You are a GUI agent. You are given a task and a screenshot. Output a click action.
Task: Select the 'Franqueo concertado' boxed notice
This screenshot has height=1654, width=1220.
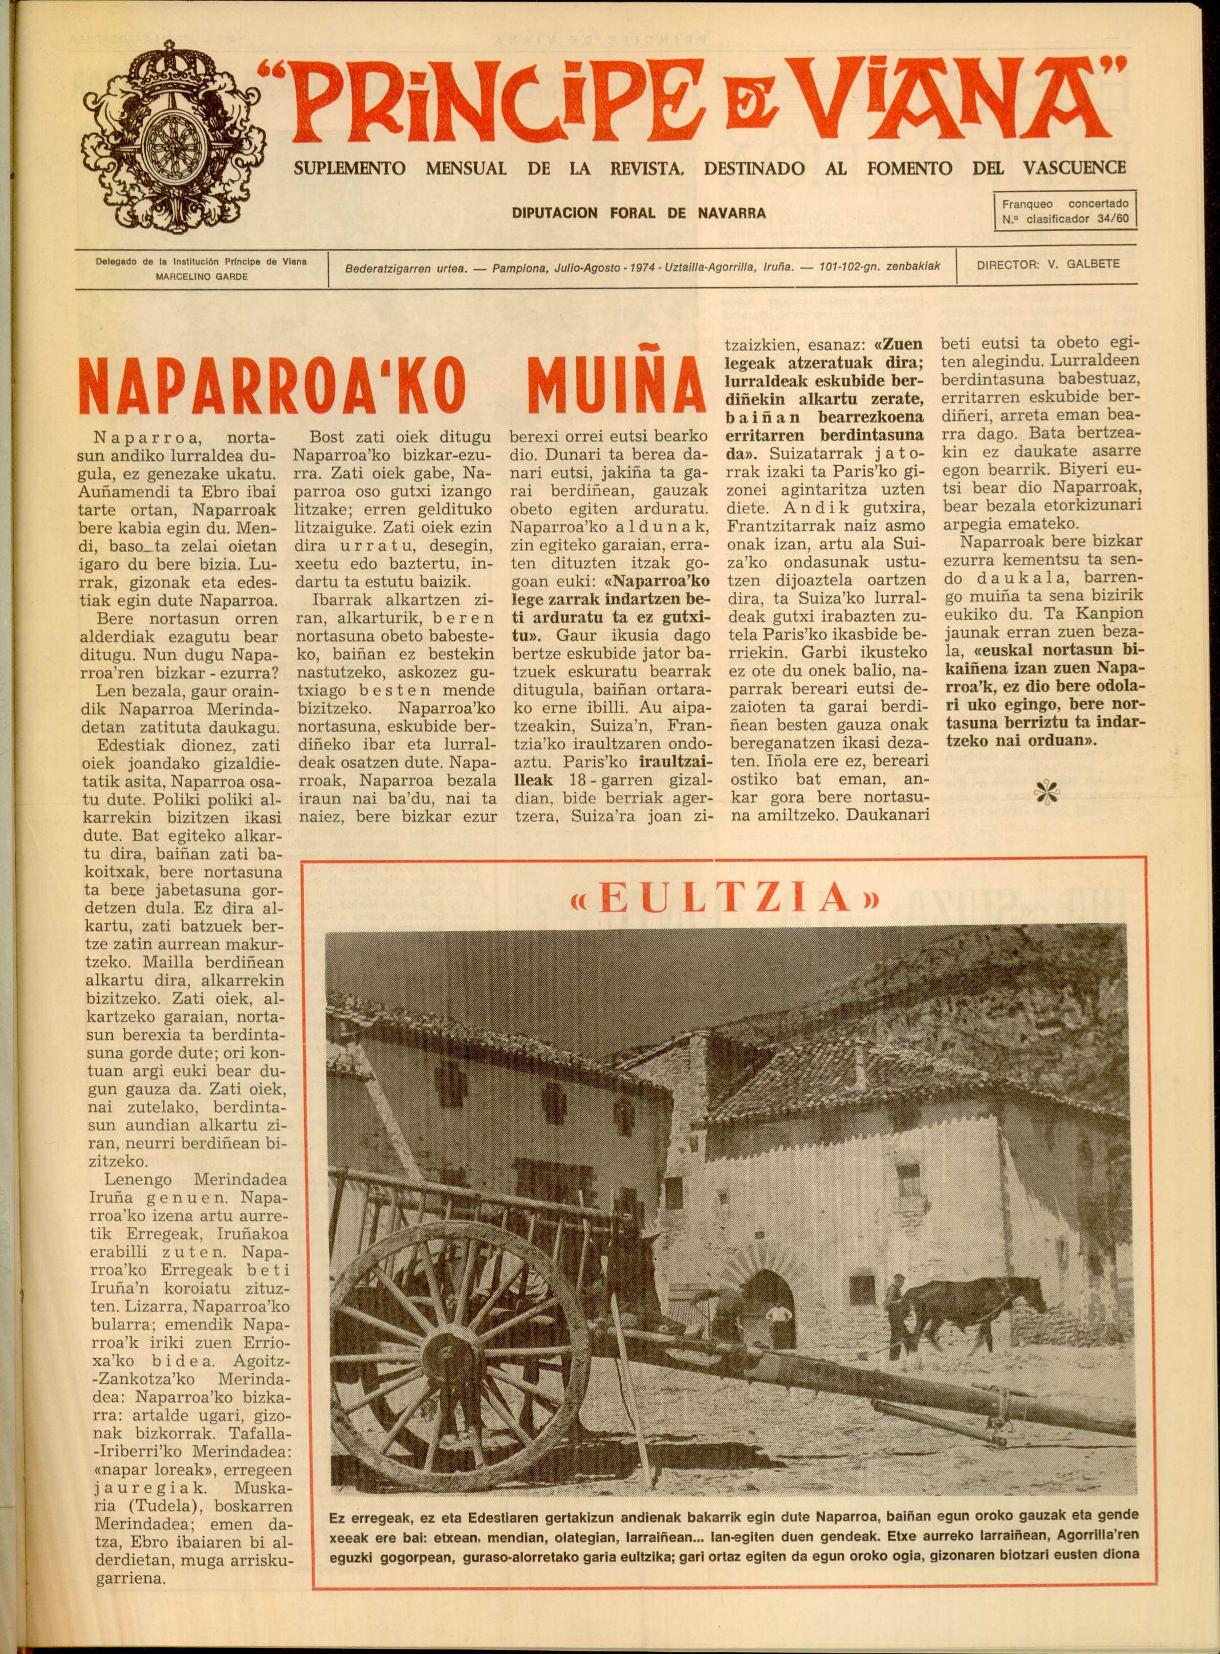click(x=1065, y=210)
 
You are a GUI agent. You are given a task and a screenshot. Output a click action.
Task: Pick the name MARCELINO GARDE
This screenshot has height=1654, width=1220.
click(x=201, y=276)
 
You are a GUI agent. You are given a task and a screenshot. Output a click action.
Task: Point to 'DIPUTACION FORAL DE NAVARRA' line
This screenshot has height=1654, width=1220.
click(x=639, y=213)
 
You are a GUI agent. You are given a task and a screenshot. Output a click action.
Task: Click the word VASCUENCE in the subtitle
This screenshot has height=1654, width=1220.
click(x=1075, y=168)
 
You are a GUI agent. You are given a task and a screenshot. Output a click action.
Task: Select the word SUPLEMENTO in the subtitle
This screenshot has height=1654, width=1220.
click(x=350, y=168)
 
